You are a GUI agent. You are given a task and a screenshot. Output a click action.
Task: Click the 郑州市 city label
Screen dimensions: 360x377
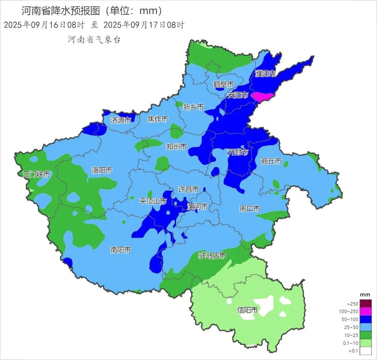176,147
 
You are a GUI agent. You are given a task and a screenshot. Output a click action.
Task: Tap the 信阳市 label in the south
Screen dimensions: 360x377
247,310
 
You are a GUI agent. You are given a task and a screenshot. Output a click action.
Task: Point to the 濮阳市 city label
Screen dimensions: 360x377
266,74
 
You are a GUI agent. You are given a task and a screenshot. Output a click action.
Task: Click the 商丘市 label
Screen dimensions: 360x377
271,161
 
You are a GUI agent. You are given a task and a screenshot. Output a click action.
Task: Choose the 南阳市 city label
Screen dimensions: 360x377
121,250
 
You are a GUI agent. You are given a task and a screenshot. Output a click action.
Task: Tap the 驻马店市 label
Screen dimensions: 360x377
212,256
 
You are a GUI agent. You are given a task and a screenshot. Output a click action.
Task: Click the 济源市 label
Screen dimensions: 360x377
121,121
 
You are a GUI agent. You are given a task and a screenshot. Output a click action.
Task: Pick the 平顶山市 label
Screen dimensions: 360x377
153,201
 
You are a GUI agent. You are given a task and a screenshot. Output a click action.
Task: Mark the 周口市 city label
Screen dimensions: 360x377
250,209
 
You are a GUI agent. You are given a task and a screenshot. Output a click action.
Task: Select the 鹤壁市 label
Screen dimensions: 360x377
224,84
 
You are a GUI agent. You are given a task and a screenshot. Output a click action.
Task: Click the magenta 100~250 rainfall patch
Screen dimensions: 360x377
263,96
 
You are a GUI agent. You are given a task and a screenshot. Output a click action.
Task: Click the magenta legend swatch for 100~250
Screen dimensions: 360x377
366,312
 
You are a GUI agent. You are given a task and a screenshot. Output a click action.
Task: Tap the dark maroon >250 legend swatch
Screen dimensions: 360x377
366,304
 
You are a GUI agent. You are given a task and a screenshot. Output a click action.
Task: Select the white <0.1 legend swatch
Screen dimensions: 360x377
366,351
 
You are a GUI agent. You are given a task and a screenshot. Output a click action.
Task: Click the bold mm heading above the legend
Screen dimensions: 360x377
365,295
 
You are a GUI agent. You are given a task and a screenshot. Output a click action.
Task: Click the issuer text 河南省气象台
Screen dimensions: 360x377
94,40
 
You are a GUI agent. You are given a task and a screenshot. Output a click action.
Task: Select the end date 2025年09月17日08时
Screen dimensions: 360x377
144,25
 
